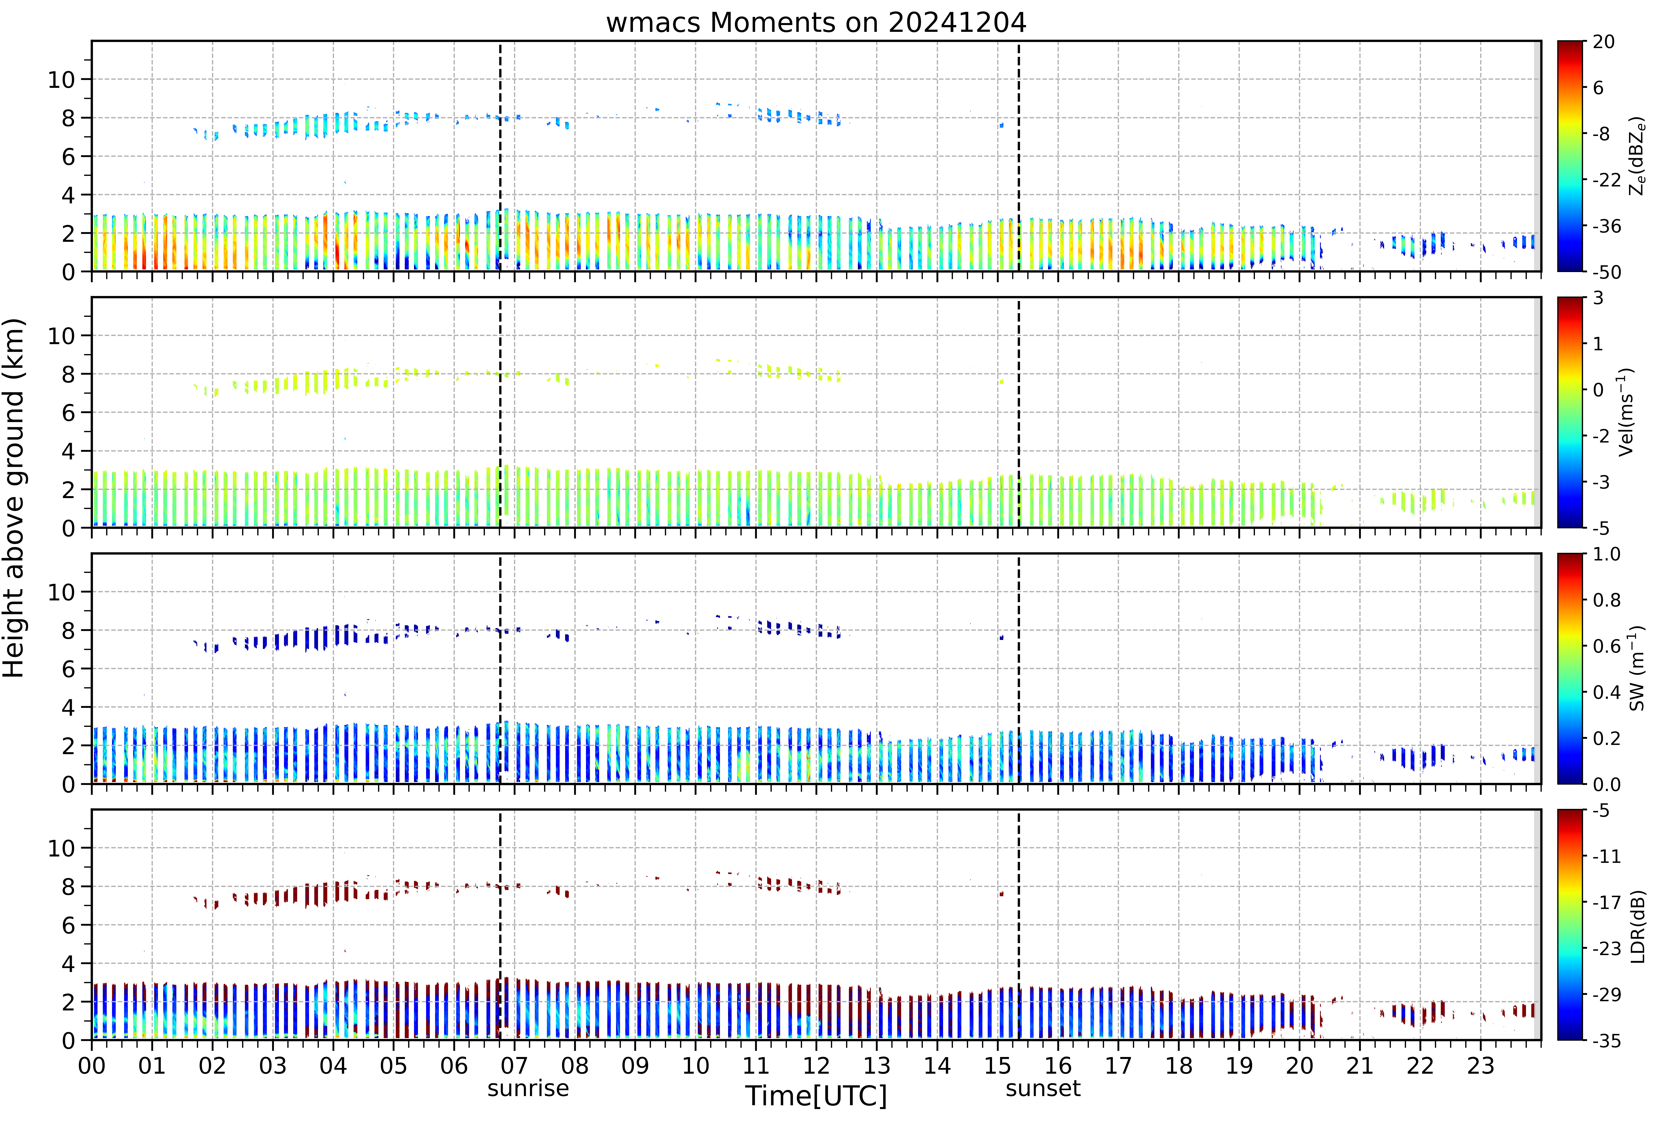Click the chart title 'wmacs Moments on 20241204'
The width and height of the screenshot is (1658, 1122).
(x=816, y=23)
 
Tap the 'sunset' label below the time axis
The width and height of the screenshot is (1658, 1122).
(x=1043, y=1088)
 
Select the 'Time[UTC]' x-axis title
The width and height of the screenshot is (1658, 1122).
(x=816, y=1096)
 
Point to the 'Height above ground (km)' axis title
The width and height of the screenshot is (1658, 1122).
(x=14, y=498)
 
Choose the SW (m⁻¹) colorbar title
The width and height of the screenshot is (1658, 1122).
(x=1637, y=668)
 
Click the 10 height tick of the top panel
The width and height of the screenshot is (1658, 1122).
(x=61, y=80)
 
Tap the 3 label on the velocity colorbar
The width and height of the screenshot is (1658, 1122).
(x=1598, y=298)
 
